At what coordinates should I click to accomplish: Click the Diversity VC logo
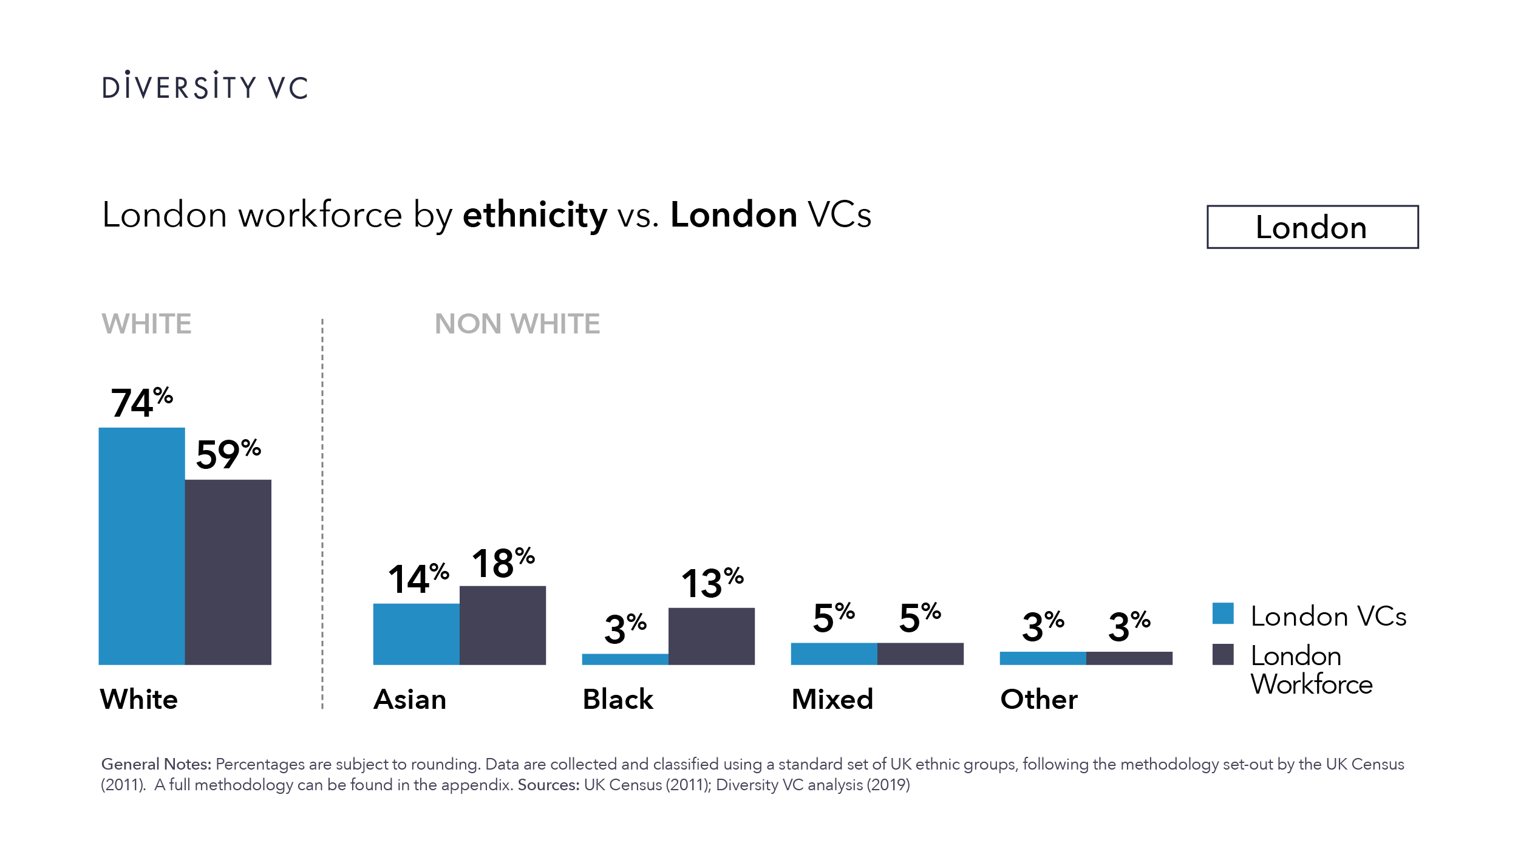pos(205,86)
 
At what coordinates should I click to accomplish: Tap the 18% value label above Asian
pos(503,562)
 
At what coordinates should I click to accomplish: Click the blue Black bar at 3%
pos(625,659)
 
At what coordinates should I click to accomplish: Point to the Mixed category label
pos(832,699)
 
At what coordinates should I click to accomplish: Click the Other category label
pos(1038,699)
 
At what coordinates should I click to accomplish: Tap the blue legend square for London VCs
pos(1222,613)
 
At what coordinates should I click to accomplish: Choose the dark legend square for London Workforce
pos(1222,654)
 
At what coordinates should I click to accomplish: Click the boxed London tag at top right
pos(1312,227)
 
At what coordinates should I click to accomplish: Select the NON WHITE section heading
pos(517,323)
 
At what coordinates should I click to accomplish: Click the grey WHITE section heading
pos(146,323)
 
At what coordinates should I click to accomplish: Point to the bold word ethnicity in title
pos(534,215)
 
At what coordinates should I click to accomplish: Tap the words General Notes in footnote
pos(156,763)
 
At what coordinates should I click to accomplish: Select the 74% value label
pos(141,402)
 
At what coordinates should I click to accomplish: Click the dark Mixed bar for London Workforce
pos(920,654)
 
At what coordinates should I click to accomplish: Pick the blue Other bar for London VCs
pos(1043,658)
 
